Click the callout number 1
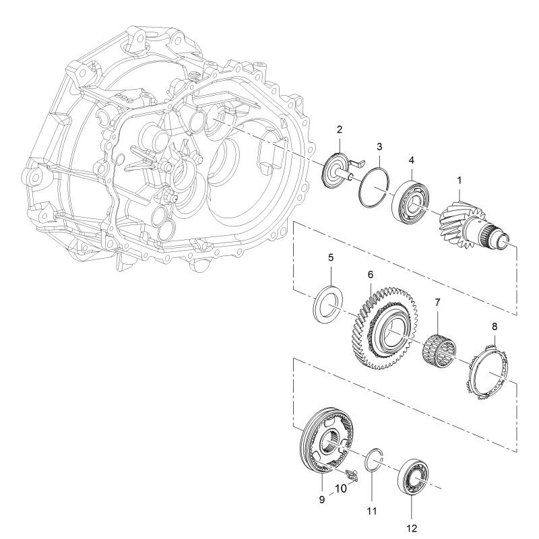pyautogui.click(x=459, y=181)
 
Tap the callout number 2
pyautogui.click(x=340, y=129)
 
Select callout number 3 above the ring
pyautogui.click(x=379, y=147)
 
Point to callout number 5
pyautogui.click(x=331, y=258)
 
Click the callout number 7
pyautogui.click(x=437, y=303)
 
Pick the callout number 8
pyautogui.click(x=495, y=327)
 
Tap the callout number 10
pyautogui.click(x=341, y=488)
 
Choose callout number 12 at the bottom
pyautogui.click(x=412, y=528)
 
